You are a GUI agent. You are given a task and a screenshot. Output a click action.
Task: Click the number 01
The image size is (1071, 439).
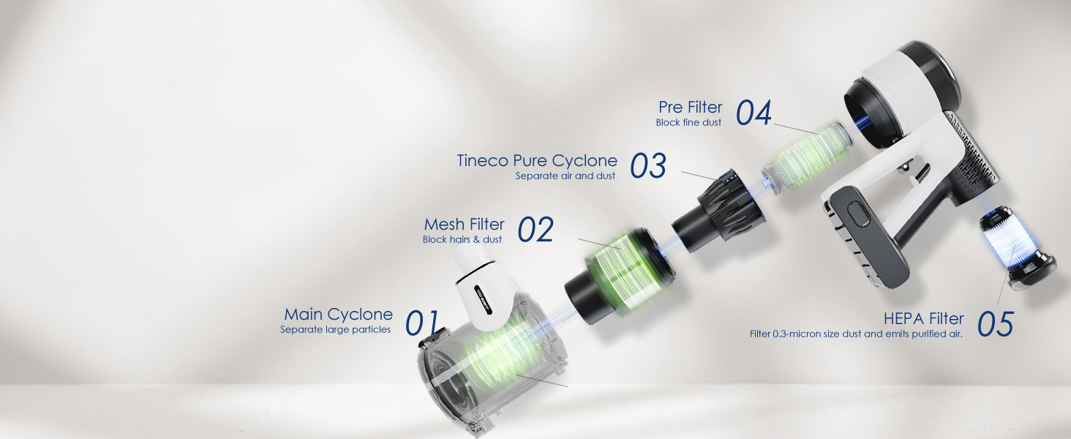point(422,323)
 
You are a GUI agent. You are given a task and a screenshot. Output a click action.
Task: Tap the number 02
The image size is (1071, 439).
point(535,230)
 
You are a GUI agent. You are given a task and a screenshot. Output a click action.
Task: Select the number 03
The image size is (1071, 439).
point(648,167)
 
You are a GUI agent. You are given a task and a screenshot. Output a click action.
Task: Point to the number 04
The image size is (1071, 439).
point(754,113)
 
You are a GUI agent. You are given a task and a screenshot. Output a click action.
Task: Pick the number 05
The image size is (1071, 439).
point(995,324)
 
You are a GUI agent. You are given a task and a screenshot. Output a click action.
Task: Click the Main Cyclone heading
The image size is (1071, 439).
point(338,315)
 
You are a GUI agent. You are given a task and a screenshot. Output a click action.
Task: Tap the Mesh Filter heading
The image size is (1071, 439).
point(464,224)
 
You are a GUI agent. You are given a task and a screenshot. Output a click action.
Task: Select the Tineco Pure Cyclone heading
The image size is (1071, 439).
point(537,161)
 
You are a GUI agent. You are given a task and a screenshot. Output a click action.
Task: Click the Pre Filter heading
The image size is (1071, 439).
point(690,108)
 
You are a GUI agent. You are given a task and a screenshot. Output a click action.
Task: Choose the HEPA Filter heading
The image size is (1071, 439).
point(923,319)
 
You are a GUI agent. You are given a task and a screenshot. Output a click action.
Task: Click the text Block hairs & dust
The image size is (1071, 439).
point(462,239)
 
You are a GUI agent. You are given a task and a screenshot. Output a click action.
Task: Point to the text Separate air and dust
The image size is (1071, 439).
point(565,176)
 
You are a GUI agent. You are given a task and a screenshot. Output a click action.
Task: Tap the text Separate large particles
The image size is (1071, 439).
point(335,330)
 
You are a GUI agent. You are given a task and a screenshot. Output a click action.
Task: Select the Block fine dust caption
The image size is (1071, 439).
point(688,123)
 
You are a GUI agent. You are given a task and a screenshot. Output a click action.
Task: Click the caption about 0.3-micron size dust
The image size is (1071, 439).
point(855,334)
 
